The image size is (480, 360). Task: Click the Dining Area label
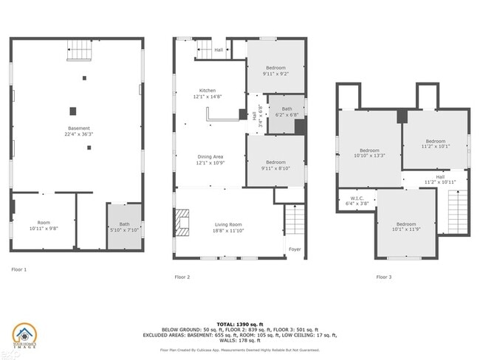click(209, 159)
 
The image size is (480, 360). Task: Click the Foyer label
click(295, 249)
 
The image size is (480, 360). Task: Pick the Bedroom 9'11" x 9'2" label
click(275, 71)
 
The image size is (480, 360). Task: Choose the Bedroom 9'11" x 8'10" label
click(275, 165)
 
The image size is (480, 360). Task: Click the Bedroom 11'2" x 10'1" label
click(435, 143)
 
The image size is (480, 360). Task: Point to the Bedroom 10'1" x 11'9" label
click(406, 227)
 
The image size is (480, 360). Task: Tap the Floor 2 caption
click(182, 277)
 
